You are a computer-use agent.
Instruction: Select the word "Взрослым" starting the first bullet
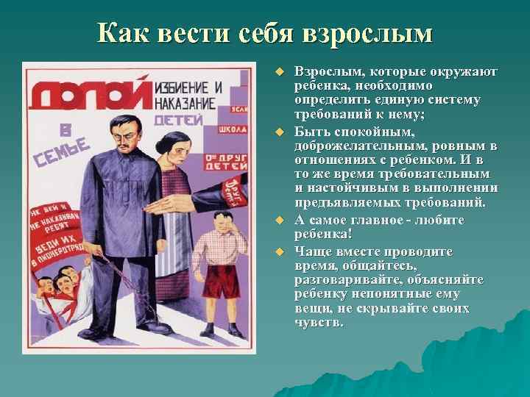point(321,72)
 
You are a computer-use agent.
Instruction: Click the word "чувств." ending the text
point(318,322)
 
